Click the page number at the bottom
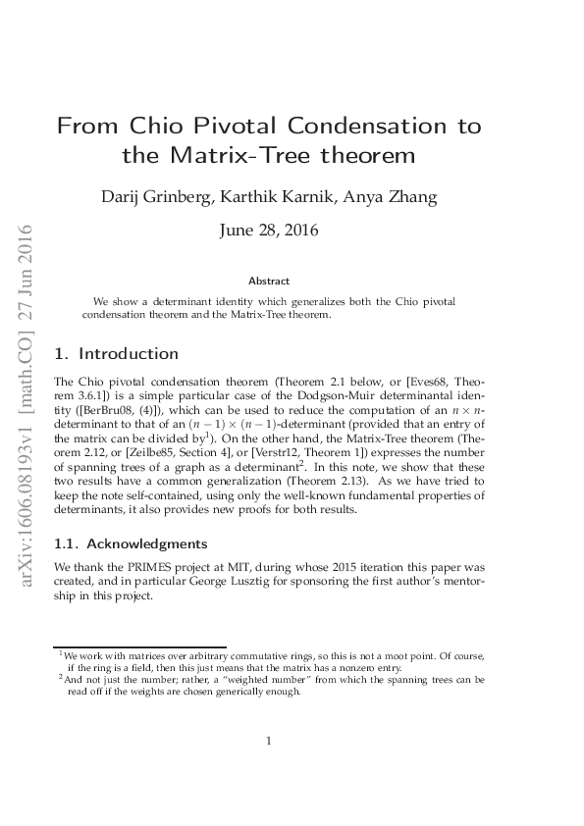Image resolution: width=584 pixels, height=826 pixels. (269, 741)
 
